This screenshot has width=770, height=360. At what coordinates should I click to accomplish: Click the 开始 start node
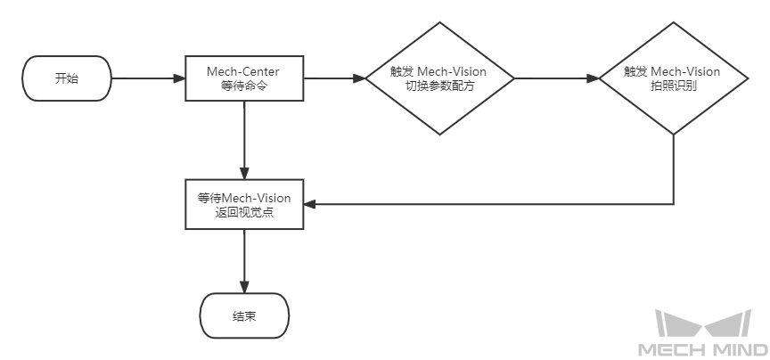pyautogui.click(x=67, y=78)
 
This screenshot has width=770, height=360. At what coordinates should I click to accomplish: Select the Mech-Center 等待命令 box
pyautogui.click(x=244, y=78)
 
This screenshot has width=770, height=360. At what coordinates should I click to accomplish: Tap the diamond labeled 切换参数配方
pyautogui.click(x=439, y=78)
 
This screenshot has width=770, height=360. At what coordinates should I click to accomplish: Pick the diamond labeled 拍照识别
pyautogui.click(x=674, y=78)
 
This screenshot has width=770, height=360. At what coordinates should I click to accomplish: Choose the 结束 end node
pyautogui.click(x=244, y=316)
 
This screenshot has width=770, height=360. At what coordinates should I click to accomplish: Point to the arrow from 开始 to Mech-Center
pyautogui.click(x=147, y=78)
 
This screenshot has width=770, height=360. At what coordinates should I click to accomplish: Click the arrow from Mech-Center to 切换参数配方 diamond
pyautogui.click(x=335, y=78)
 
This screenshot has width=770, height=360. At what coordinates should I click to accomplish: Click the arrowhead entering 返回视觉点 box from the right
pyautogui.click(x=311, y=204)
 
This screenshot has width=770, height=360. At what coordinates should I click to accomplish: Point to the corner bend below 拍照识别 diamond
pyautogui.click(x=674, y=204)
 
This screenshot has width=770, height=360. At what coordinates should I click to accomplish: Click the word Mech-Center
pyautogui.click(x=244, y=71)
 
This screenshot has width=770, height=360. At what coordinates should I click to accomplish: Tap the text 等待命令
pyautogui.click(x=244, y=86)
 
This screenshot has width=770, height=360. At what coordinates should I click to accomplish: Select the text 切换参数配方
pyautogui.click(x=439, y=86)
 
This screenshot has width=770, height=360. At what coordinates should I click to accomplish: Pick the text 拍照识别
pyautogui.click(x=674, y=86)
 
